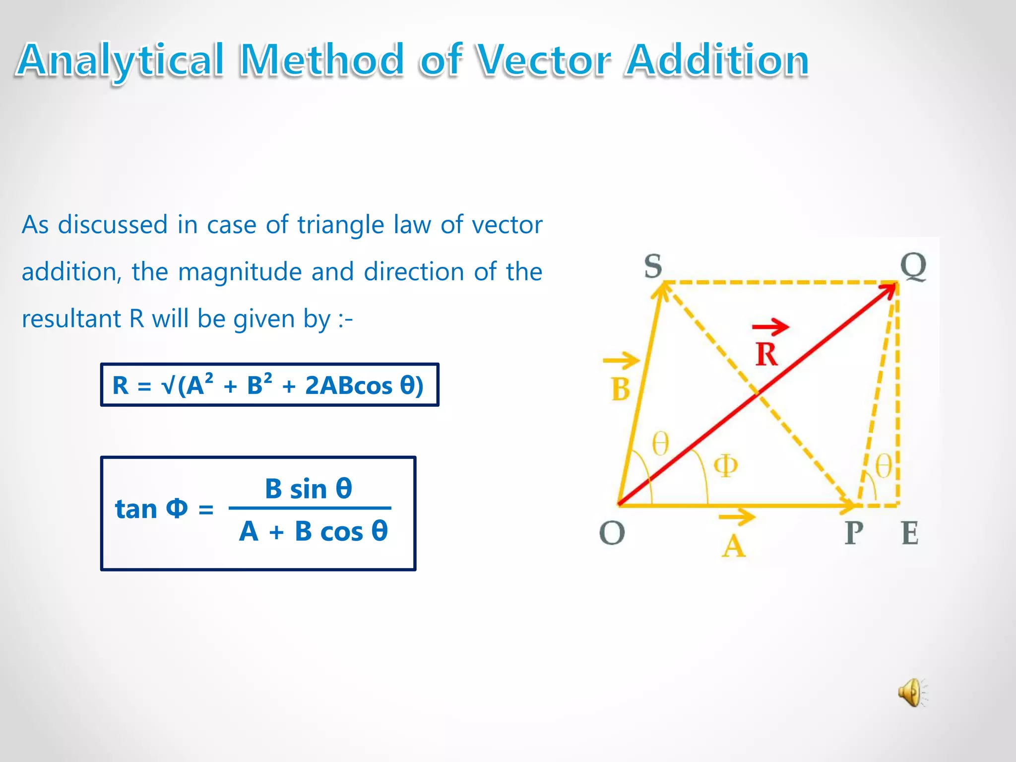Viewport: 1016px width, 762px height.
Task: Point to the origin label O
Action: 612,533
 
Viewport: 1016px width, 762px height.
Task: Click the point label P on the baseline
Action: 854,533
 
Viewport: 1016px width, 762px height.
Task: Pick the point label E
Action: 910,533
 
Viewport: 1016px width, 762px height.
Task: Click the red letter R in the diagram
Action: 766,354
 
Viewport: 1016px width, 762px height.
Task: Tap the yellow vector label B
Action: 621,389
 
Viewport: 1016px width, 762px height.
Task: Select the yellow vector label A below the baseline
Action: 734,547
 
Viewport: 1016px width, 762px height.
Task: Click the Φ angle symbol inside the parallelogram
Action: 725,465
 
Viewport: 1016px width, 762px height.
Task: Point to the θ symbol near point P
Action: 883,466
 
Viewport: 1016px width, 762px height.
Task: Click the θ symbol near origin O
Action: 660,443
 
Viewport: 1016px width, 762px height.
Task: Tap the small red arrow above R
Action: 770,326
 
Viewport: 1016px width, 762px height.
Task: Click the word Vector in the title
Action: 544,61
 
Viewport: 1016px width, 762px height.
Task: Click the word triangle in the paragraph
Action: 341,225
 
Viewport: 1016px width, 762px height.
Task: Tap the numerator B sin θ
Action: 309,489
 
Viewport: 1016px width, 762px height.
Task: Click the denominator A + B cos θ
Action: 313,531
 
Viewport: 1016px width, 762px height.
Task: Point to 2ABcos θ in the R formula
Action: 364,385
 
